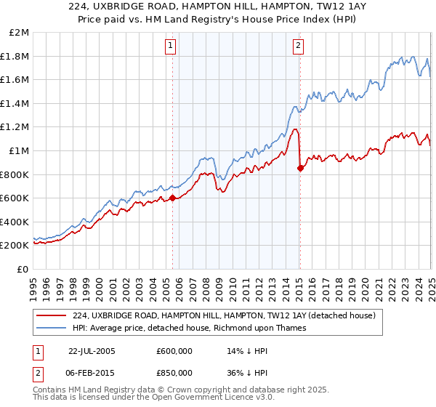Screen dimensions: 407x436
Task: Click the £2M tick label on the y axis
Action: coord(19,33)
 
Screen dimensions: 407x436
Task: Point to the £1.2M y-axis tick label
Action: coord(16,127)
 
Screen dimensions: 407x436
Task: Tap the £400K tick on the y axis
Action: coord(16,222)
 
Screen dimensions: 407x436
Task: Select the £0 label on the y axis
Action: coord(23,269)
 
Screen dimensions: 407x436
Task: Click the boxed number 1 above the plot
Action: coord(171,46)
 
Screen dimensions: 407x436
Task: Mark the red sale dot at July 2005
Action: coord(172,197)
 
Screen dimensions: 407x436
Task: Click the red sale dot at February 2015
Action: coord(300,167)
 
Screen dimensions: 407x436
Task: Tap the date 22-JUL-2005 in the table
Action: coord(92,350)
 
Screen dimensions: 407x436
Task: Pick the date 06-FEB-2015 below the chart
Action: coord(92,374)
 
